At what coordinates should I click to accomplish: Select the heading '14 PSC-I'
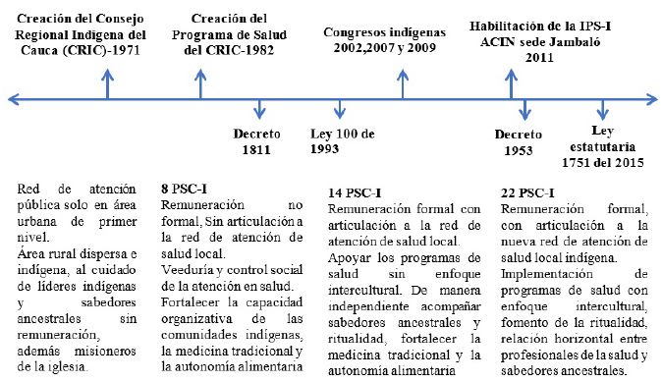click(352, 192)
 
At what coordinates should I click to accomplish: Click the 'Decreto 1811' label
click(257, 141)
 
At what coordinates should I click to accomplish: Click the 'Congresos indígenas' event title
click(384, 31)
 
